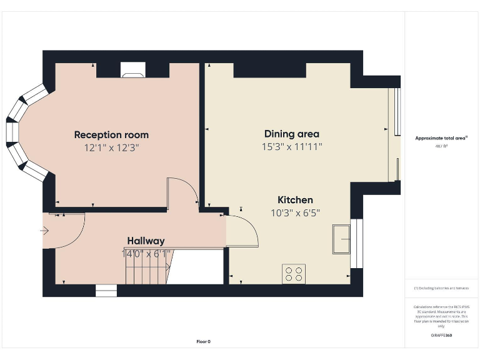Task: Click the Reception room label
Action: pyautogui.click(x=111, y=134)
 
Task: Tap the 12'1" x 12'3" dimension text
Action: pyautogui.click(x=111, y=148)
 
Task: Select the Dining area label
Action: pyautogui.click(x=291, y=134)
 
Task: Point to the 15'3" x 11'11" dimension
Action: pyautogui.click(x=291, y=147)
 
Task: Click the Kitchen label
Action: pyautogui.click(x=295, y=200)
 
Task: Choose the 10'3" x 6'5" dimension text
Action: pyautogui.click(x=295, y=213)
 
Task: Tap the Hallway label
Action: pyautogui.click(x=146, y=241)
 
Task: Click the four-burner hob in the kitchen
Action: pyautogui.click(x=294, y=274)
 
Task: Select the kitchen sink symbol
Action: pyautogui.click(x=341, y=239)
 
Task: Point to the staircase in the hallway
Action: pyautogui.click(x=147, y=267)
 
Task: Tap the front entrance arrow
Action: pyautogui.click(x=44, y=231)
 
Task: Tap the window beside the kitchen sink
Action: pyautogui.click(x=357, y=243)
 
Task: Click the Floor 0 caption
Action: pyautogui.click(x=204, y=341)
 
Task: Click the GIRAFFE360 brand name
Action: pyautogui.click(x=441, y=336)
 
